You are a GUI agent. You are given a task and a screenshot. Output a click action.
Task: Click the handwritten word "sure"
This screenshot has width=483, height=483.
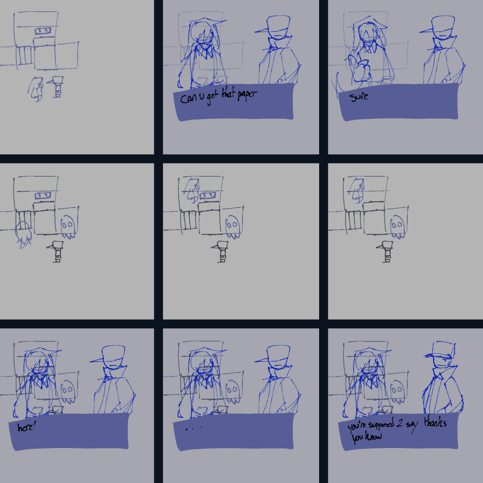[359, 96]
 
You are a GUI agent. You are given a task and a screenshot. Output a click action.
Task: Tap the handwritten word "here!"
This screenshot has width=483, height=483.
[26, 427]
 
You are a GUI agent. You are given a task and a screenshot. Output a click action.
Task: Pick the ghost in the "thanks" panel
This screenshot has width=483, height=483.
[397, 390]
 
